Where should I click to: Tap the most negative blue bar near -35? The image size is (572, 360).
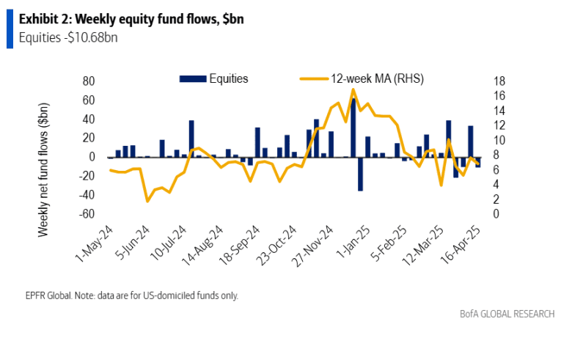pos(360,174)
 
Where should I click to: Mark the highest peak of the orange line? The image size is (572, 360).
pos(353,89)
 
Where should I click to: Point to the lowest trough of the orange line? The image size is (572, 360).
pos(147,200)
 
